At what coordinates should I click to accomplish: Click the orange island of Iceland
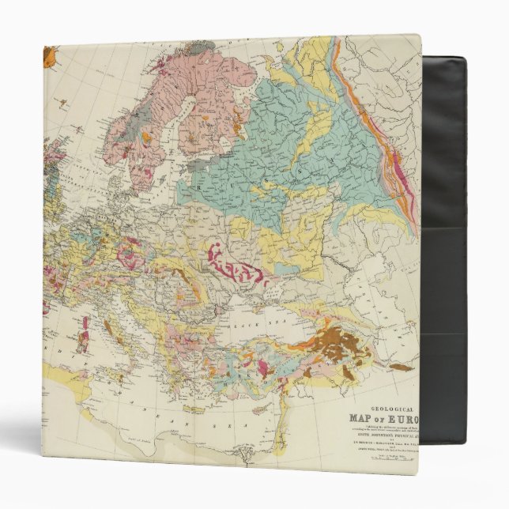(50, 57)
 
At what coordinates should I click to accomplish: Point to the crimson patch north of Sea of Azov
(237, 265)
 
